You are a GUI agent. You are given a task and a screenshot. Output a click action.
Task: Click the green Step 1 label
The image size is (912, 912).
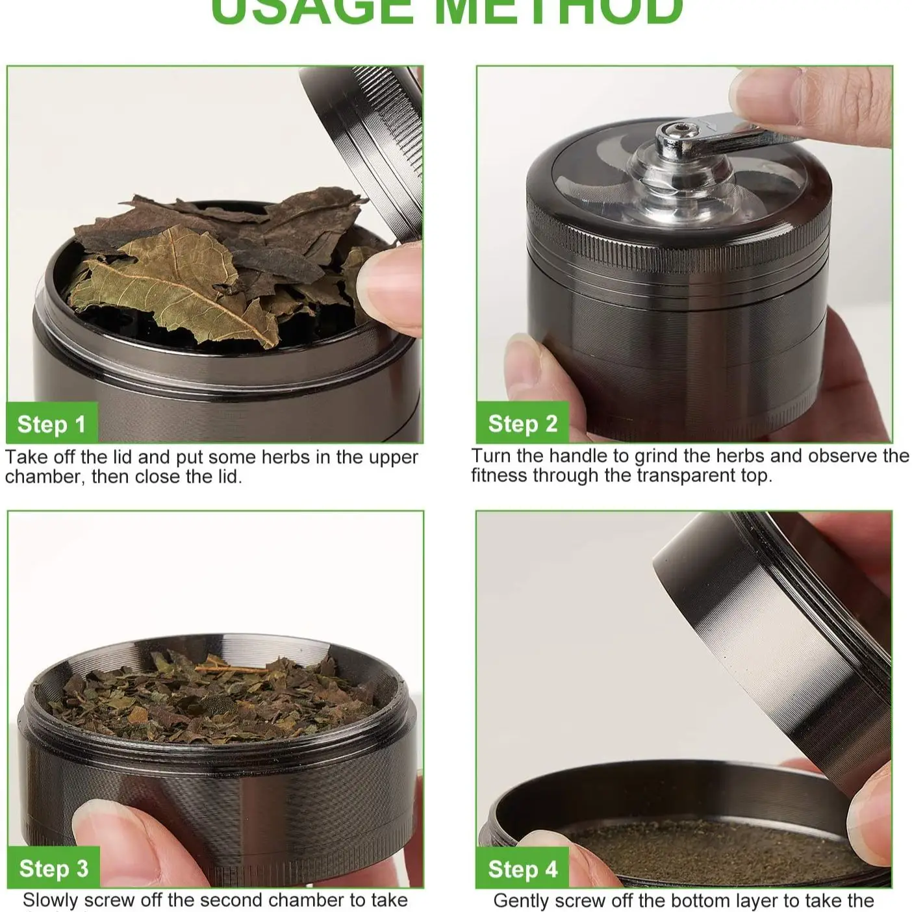51,424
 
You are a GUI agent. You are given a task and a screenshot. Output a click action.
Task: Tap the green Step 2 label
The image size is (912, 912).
522,424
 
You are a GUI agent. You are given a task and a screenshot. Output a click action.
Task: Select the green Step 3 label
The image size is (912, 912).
53,868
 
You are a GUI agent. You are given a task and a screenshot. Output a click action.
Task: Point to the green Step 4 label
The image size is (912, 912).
522,869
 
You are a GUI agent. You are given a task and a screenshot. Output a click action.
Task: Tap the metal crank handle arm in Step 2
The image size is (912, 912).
734,127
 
